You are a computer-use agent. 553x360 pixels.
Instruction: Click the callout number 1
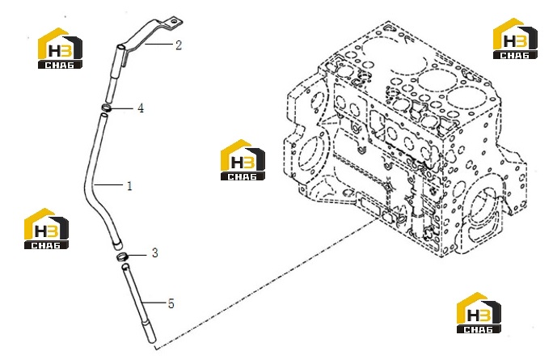[x=129, y=185]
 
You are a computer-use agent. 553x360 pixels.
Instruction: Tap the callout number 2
[x=179, y=45]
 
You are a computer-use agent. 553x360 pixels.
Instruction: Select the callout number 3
[x=155, y=253]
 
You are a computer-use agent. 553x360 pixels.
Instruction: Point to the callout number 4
[x=141, y=108]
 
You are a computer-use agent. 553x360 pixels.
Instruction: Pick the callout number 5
[x=171, y=303]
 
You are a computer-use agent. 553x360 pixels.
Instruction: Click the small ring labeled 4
[x=107, y=108]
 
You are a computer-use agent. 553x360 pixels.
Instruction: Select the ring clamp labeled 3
[x=122, y=256]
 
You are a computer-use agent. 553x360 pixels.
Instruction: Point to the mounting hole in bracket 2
[x=174, y=23]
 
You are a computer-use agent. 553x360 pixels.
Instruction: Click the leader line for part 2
[x=158, y=44]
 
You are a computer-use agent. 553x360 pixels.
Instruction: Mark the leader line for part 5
[x=154, y=303]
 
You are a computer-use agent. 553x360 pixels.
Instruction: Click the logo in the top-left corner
[x=60, y=49]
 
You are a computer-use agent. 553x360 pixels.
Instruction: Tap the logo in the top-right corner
[x=515, y=39]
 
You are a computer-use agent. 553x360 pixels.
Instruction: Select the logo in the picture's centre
[x=243, y=160]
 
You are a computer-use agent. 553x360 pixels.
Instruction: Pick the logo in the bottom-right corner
[x=479, y=313]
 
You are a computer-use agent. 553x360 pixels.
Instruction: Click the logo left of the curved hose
[x=46, y=229]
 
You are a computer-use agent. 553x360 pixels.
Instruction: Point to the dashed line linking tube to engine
[x=266, y=284]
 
